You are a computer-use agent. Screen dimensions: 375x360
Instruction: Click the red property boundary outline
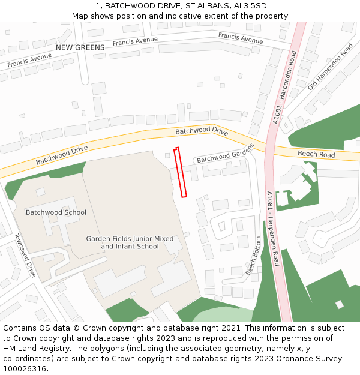point(181,172)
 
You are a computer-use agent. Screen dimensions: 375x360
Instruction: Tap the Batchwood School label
point(56,212)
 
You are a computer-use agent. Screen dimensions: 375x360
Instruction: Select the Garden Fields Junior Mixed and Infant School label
point(130,242)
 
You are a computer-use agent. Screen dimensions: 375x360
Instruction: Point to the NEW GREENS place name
point(80,47)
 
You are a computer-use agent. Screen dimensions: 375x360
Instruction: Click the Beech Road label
point(316,155)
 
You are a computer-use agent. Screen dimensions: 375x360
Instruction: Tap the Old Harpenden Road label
point(330,67)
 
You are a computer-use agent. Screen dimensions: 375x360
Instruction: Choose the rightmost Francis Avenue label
point(240,38)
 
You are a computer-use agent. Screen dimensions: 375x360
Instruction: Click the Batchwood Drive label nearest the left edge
point(61,155)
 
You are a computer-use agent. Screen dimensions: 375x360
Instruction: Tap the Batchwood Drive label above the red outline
point(202,130)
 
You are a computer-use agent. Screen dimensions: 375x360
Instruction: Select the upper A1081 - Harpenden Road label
point(284,88)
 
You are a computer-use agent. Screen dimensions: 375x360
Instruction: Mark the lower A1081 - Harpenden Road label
point(273,229)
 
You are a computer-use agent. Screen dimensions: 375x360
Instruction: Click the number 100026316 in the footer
point(25,369)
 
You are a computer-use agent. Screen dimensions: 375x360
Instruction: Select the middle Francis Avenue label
point(135,41)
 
